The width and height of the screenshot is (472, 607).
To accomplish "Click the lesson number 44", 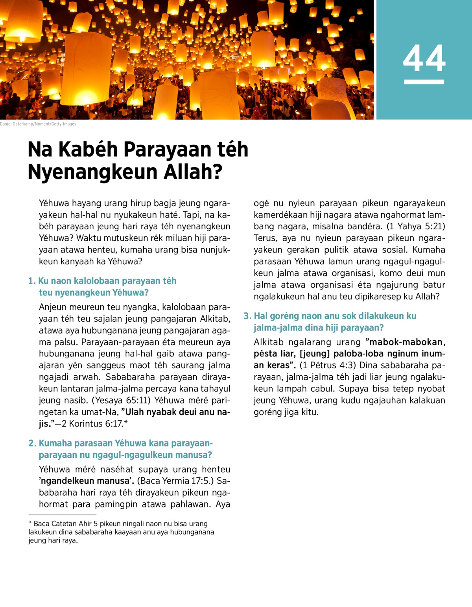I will [424, 58].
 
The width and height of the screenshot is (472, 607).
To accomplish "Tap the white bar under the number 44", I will [424, 82].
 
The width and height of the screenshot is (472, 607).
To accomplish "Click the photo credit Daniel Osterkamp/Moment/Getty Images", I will [38, 124].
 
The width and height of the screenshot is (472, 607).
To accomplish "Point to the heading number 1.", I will [32, 281].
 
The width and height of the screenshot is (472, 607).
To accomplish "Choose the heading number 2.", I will [32, 443].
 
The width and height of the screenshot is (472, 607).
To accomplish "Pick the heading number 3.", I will [247, 316].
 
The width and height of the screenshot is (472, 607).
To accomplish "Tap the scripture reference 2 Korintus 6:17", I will [92, 424].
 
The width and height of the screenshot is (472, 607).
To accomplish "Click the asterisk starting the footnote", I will [30, 524].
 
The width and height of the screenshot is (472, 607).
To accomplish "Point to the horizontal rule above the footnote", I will [62, 515].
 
